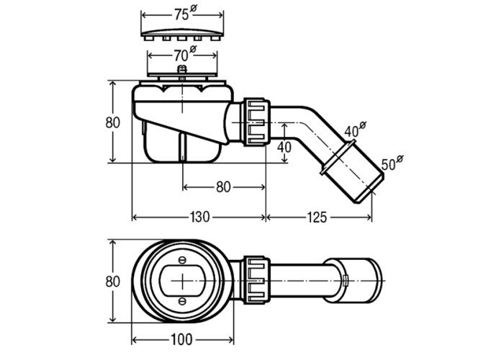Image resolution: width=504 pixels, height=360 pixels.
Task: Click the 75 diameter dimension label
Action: click(x=185, y=14)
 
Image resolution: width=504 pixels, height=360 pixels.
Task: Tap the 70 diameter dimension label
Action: click(x=185, y=55)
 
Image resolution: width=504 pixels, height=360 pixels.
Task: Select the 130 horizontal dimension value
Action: click(x=200, y=217)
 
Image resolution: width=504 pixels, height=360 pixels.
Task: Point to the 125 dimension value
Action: click(x=317, y=217)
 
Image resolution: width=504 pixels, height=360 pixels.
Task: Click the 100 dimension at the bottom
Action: click(x=181, y=339)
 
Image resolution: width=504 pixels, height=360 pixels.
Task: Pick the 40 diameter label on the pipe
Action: click(x=355, y=129)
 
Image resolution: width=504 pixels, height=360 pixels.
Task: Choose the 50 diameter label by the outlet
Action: click(x=392, y=163)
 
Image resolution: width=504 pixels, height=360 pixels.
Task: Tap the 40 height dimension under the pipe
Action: click(x=284, y=147)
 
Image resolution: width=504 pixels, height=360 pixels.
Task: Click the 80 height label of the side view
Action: click(x=113, y=122)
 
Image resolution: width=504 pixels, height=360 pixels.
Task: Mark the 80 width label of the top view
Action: click(x=113, y=282)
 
